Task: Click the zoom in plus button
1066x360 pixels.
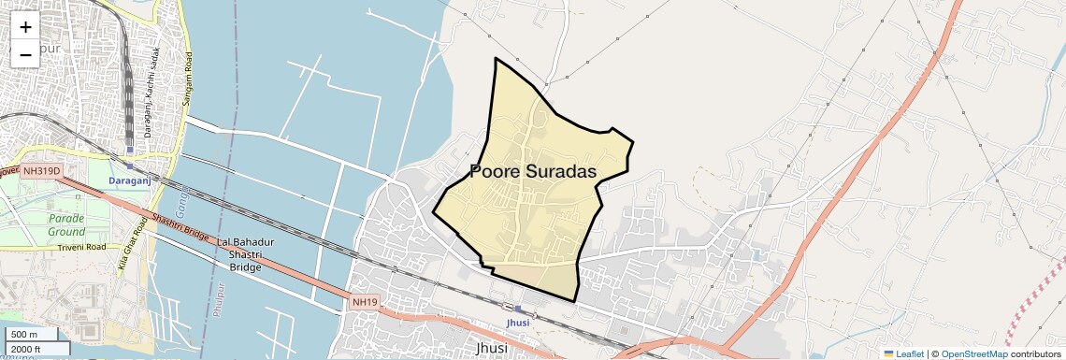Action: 25,27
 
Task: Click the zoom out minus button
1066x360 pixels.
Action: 25,54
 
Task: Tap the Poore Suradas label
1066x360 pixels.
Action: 533,171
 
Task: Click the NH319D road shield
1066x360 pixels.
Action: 42,171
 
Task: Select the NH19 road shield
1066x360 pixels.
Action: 366,302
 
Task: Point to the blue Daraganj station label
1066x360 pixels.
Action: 129,179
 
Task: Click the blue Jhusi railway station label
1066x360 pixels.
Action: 517,323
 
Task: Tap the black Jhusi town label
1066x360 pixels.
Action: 492,348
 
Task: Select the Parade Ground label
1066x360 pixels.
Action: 66,224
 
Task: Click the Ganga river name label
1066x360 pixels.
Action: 180,197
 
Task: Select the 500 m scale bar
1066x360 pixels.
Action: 34,335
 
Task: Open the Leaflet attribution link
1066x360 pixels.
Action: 903,353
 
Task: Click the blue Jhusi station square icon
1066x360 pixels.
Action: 518,310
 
